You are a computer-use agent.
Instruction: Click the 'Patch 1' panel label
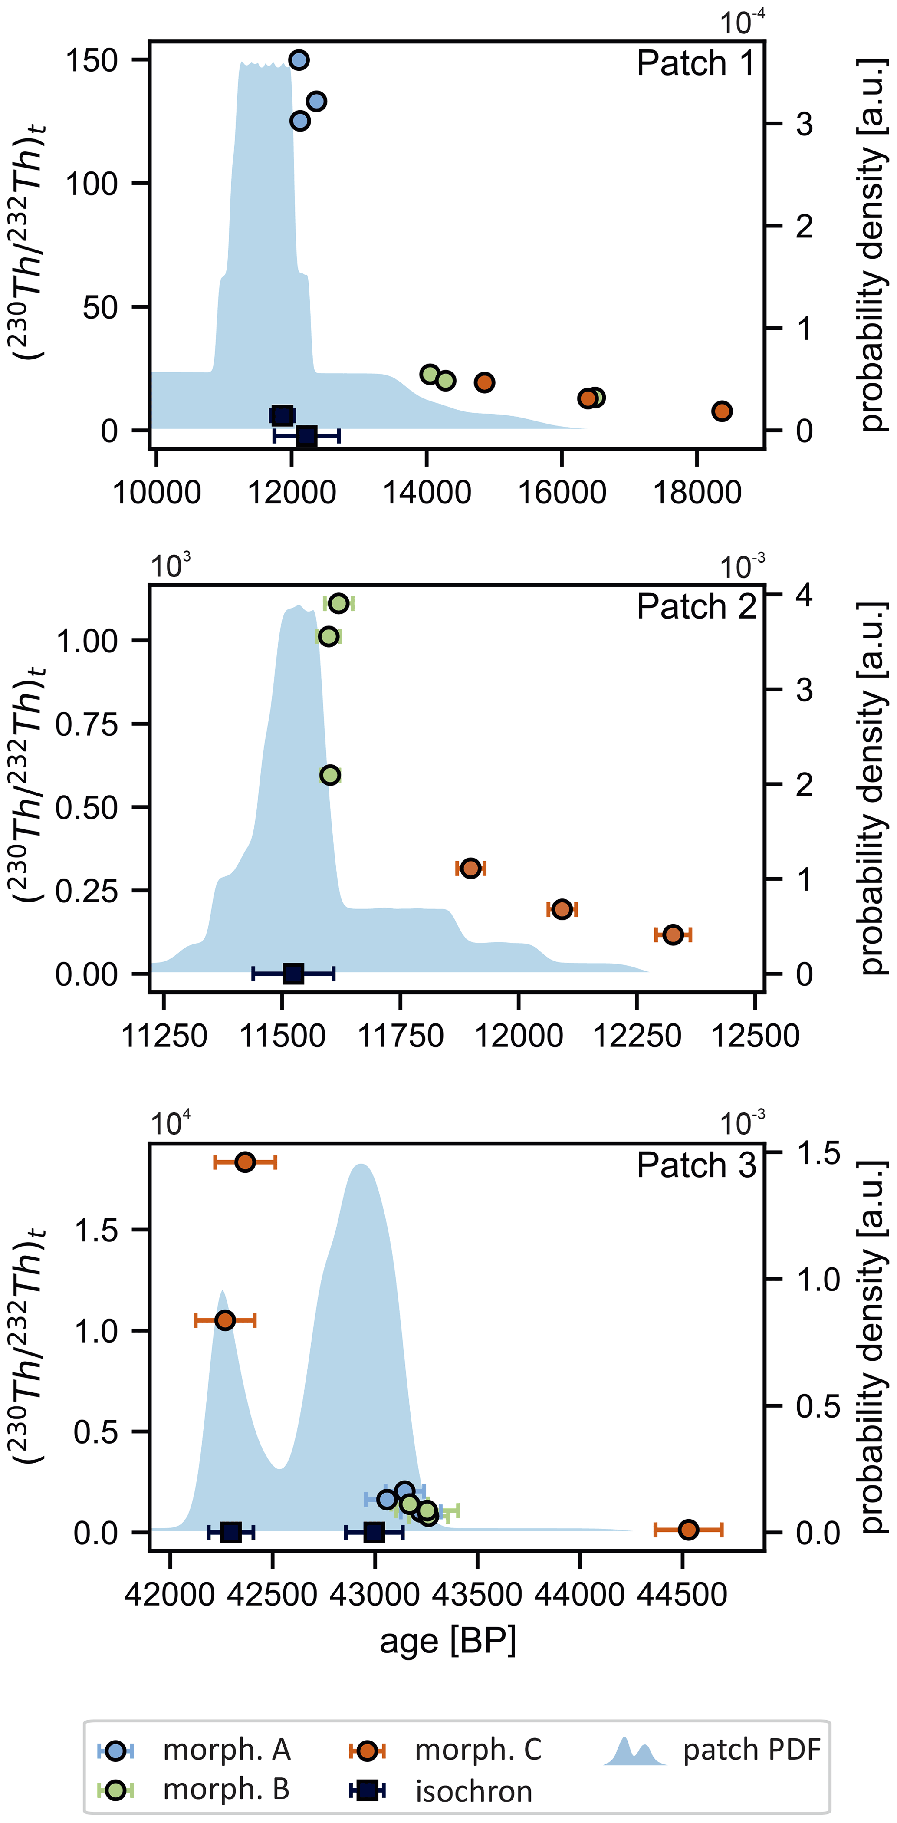click(695, 64)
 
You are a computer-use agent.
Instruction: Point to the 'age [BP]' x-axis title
click(448, 1640)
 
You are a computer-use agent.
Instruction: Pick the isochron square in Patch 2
click(293, 974)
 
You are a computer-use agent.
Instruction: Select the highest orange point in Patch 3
click(245, 1162)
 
